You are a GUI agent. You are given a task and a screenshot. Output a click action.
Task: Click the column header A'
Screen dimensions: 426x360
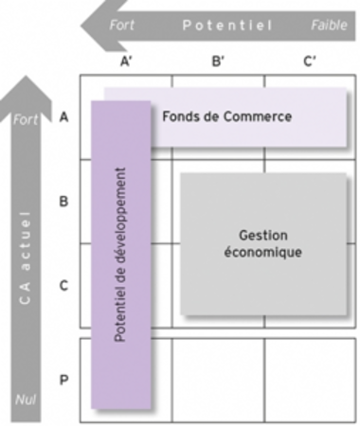coord(126,62)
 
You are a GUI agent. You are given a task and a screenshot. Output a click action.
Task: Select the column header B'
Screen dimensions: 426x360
coord(218,62)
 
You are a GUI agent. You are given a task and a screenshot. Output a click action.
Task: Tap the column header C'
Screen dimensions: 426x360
coord(310,62)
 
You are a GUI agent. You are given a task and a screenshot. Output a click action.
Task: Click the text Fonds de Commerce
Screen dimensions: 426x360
coord(226,116)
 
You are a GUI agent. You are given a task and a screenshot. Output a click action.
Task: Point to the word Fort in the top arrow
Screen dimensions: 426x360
coord(122,24)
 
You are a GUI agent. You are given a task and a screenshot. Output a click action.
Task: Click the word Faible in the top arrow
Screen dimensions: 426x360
coord(329,24)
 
